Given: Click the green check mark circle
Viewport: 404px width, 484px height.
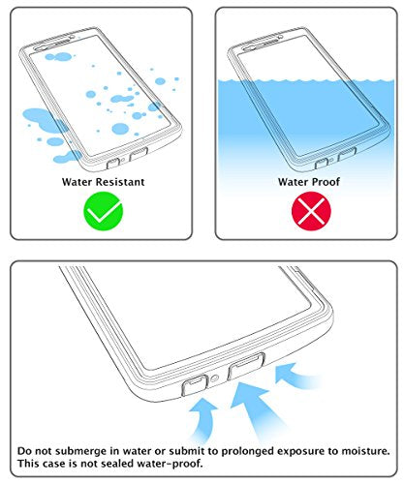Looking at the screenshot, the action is pyautogui.click(x=104, y=211).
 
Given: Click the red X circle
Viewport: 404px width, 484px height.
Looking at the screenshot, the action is pyautogui.click(x=311, y=211).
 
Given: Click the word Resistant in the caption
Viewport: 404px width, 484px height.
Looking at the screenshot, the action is pyautogui.click(x=120, y=182).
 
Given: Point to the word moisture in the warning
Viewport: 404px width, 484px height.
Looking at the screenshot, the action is pyautogui.click(x=365, y=451).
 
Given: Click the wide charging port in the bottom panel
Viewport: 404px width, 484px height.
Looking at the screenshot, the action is pyautogui.click(x=246, y=366).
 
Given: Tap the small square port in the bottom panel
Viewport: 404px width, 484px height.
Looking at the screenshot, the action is pyautogui.click(x=195, y=385).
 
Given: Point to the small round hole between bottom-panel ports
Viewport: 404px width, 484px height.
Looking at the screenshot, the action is pyautogui.click(x=215, y=378).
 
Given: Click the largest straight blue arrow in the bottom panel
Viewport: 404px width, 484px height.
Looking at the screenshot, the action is pyautogui.click(x=257, y=409).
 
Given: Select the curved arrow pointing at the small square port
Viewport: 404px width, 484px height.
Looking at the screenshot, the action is pyautogui.click(x=202, y=418).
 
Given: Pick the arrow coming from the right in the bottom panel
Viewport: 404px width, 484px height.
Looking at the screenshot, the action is pyautogui.click(x=295, y=376).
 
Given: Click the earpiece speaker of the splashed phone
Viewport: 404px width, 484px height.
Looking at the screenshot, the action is pyautogui.click(x=51, y=45).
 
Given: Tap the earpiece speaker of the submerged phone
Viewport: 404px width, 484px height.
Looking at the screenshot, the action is pyautogui.click(x=261, y=45).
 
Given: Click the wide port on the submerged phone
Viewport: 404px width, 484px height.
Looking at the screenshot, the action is pyautogui.click(x=347, y=154).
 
